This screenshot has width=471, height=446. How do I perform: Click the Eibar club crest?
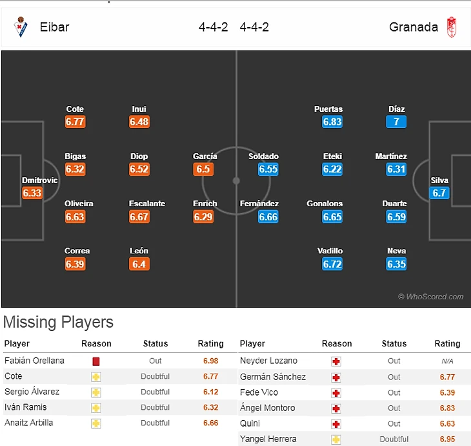[21, 27]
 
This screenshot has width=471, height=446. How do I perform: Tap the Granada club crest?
[452, 27]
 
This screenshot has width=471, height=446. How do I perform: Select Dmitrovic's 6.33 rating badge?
[32, 193]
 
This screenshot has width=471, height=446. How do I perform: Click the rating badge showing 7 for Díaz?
[396, 122]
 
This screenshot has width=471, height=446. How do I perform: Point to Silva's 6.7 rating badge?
[439, 193]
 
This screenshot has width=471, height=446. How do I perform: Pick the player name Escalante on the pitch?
[147, 204]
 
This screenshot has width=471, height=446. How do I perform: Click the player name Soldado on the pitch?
[263, 156]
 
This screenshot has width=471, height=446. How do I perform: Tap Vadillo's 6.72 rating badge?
[332, 264]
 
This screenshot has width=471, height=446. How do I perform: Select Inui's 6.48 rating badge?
[139, 122]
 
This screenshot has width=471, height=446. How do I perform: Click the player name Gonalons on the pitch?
[325, 204]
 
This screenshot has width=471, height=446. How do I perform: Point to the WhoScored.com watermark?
[430, 297]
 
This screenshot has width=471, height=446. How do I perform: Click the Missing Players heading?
[59, 322]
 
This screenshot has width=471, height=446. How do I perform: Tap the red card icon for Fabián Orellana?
[96, 361]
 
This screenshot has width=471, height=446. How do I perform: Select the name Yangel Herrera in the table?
[268, 439]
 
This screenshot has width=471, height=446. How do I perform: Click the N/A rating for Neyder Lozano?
[447, 361]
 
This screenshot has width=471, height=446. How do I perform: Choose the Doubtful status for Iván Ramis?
[155, 407]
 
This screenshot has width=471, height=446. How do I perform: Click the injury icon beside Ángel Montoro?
[336, 408]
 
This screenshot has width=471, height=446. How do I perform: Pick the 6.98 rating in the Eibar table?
[210, 361]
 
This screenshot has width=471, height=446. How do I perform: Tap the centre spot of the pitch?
[236, 180]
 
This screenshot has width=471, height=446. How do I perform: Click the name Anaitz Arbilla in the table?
[28, 423]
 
